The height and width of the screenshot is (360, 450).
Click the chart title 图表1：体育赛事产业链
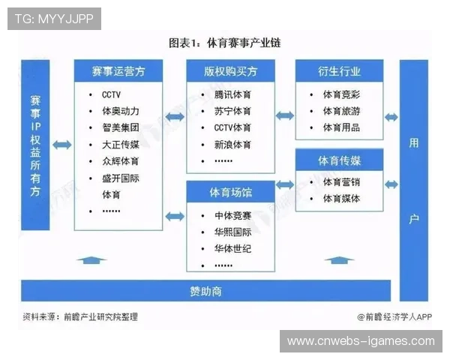pos(224,43)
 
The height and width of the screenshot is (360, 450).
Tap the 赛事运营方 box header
pos(118,71)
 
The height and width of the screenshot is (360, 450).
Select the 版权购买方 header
pos(230,71)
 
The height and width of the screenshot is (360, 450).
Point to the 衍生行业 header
pos(339,71)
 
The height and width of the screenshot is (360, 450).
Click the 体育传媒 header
pos(339,160)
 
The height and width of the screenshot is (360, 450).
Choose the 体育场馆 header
pos(230,192)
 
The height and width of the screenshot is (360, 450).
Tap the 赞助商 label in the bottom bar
pos(205,291)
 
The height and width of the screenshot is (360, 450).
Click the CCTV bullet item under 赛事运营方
pos(111,94)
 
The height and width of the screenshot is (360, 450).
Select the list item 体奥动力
pos(121,111)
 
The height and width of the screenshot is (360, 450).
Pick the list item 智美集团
pos(121,127)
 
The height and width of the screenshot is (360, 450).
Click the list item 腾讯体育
pos(232,94)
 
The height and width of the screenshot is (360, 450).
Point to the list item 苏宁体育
pos(232,111)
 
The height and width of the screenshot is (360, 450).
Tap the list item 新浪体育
pos(232,145)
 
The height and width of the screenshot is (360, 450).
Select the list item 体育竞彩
pos(341,94)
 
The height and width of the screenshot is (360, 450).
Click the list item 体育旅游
pos(341,111)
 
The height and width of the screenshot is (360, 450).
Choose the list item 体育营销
pos(341,181)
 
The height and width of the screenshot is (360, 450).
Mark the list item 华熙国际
pos(232,232)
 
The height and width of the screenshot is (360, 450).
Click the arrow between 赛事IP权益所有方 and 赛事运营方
pos(62,145)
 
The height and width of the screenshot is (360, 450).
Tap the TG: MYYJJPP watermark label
pos(54,19)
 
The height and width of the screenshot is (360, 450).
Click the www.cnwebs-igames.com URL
pos(361,341)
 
